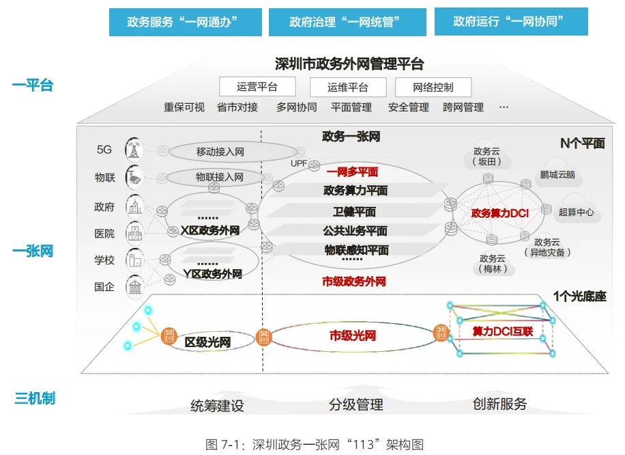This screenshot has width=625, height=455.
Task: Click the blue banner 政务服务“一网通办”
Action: pos(186,22)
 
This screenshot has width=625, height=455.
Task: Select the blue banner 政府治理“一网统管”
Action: pos(347,22)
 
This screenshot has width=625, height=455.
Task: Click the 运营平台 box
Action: pos(257,87)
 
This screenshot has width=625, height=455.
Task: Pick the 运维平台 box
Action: pos(348,87)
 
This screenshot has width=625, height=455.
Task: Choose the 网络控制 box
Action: pos(433,87)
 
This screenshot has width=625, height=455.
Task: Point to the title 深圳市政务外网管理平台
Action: pos(349,64)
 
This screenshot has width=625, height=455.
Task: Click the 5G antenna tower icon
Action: pos(134,150)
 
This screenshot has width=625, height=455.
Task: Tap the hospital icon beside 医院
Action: pos(134,233)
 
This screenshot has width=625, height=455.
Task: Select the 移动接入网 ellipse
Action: pos(220,152)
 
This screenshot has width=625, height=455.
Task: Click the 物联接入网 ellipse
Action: pos(220,177)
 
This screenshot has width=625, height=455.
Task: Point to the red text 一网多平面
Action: pos(351,172)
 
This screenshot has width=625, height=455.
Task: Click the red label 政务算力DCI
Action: pos(499,212)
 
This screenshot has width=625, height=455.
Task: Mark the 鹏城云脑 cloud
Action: pos(557,174)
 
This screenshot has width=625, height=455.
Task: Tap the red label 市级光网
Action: pos(353,335)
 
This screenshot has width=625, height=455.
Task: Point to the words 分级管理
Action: pos(355,404)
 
